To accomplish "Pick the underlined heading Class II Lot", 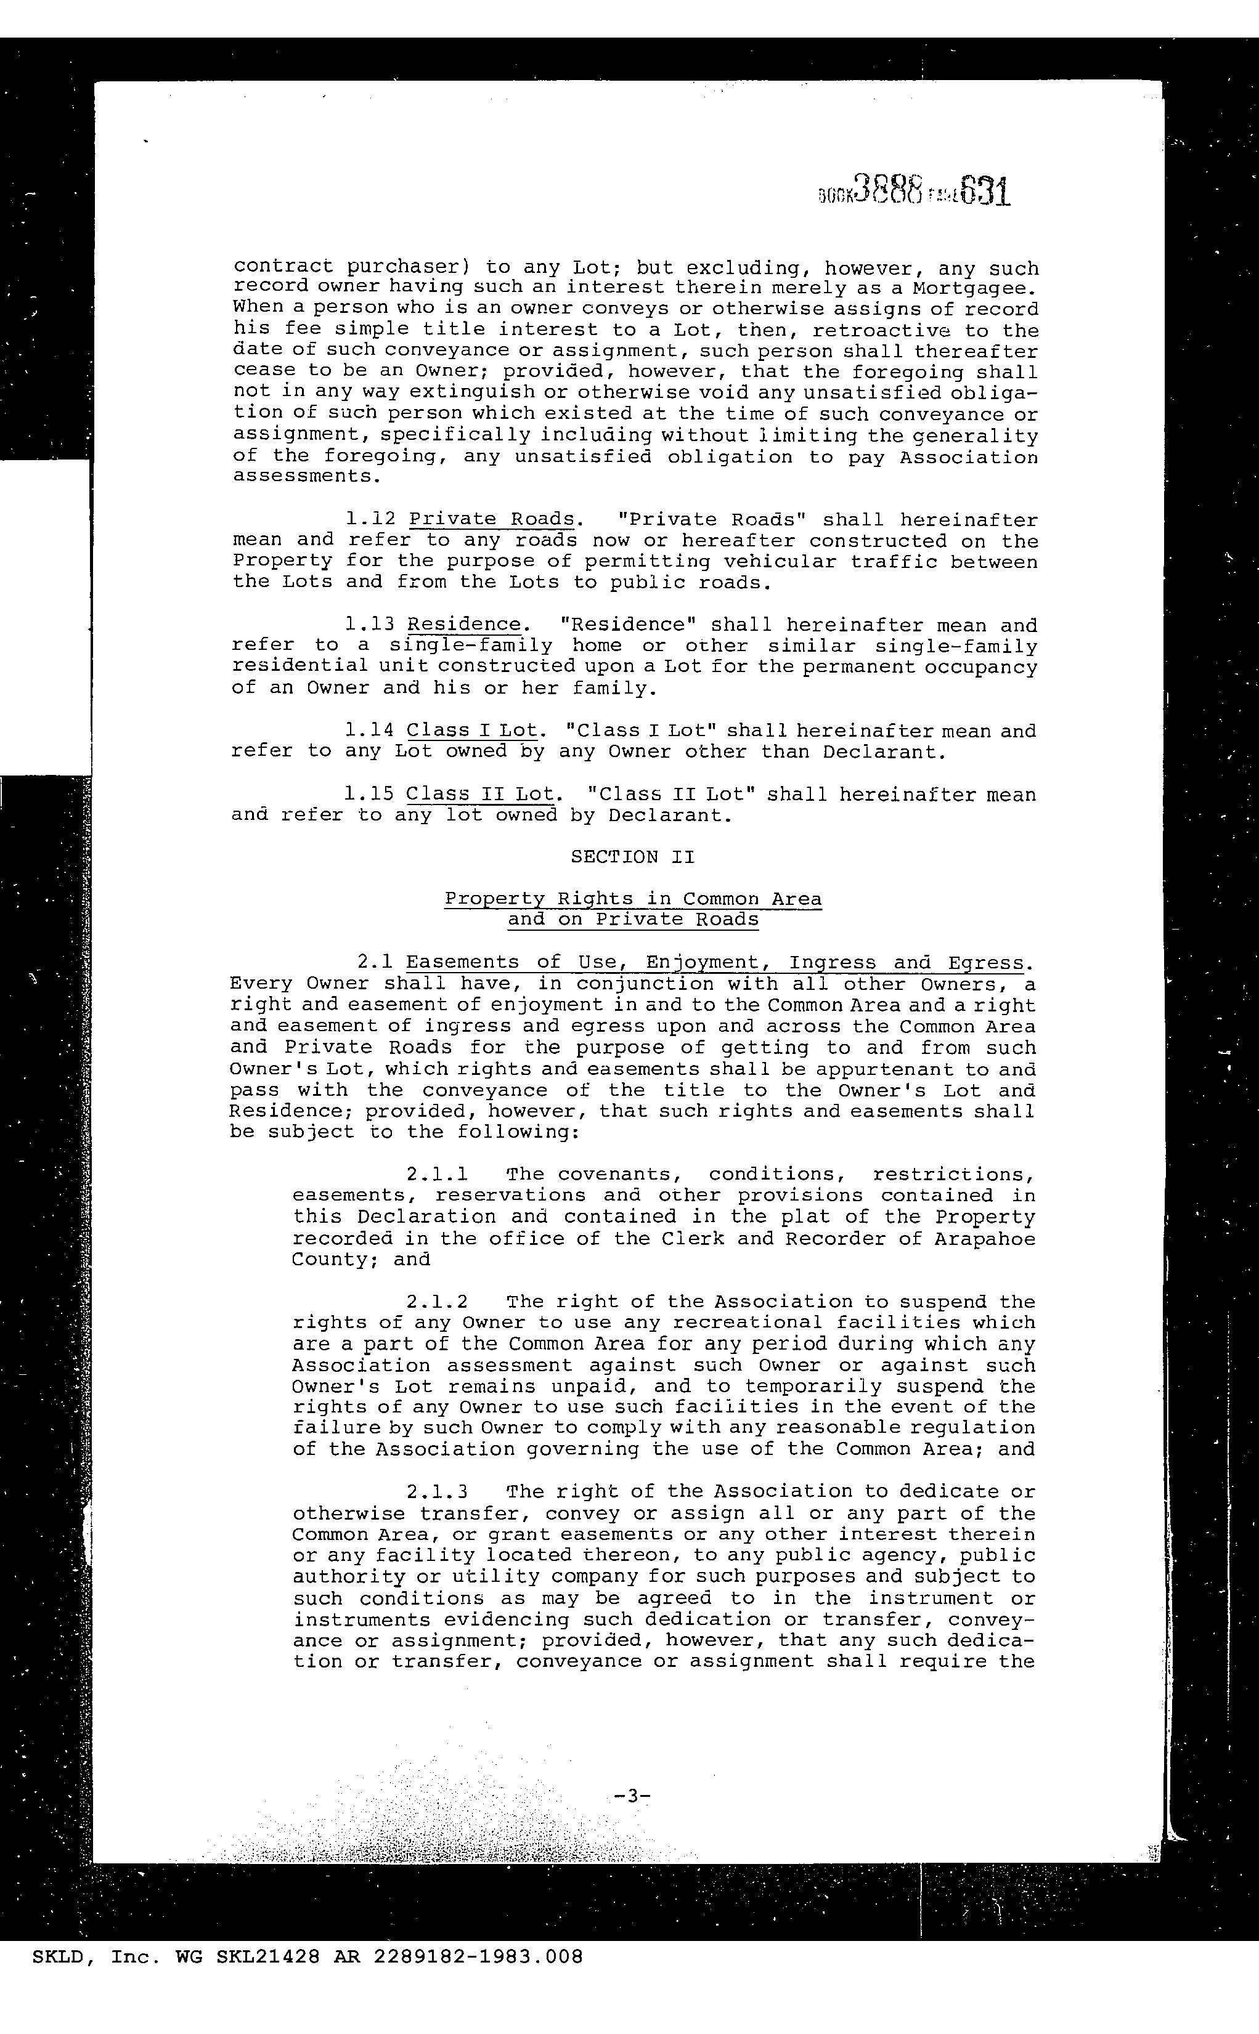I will point(479,794).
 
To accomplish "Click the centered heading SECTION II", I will point(632,856).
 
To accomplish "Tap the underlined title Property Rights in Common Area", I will point(633,899).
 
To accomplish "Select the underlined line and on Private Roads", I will point(633,920).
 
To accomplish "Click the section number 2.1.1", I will point(437,1174).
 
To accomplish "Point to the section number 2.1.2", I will point(437,1302).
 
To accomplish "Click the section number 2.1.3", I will point(437,1491).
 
